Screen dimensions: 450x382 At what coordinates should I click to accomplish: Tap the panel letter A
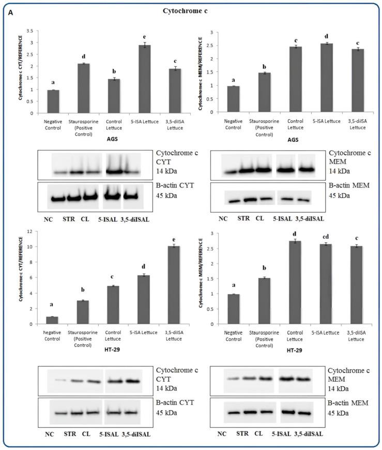pos(10,13)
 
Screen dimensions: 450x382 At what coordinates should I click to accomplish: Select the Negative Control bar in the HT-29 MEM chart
pos(233,309)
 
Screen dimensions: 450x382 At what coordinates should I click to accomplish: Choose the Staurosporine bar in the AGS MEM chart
pos(265,92)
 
